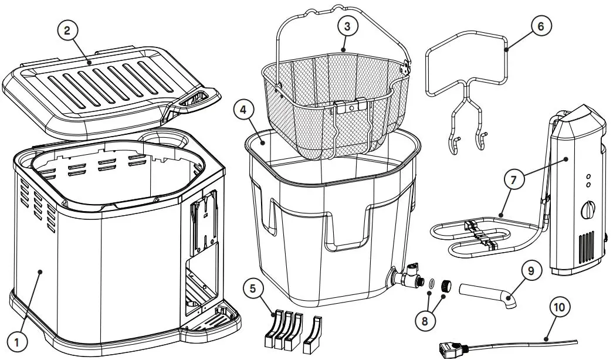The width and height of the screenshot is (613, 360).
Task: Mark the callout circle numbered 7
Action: pyautogui.click(x=513, y=181)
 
